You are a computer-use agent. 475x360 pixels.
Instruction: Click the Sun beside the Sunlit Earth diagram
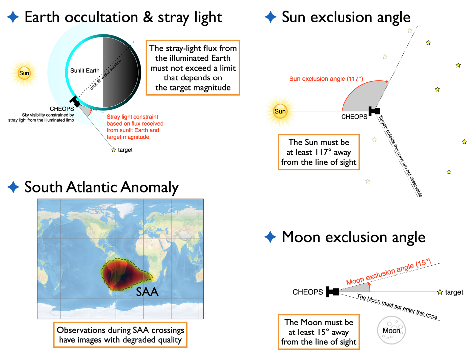tap(24, 73)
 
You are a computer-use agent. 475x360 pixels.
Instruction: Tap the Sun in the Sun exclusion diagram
tap(280, 111)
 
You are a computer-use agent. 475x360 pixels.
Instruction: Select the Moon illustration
tap(391, 330)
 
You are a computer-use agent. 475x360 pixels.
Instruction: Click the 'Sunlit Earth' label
tap(84, 70)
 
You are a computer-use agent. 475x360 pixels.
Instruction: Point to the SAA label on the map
tap(147, 292)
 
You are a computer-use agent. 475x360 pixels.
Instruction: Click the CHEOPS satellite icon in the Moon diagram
tap(332, 292)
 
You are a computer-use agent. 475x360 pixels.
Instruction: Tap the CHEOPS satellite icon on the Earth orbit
tap(75, 101)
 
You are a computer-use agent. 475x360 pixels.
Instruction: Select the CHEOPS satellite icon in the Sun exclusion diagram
tap(374, 111)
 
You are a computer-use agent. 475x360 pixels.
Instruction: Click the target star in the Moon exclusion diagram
tap(440, 292)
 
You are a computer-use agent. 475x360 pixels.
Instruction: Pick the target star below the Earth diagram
tap(113, 150)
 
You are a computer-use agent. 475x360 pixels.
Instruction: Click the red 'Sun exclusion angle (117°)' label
tap(326, 79)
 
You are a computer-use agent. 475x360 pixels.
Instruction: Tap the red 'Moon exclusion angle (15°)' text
tap(388, 272)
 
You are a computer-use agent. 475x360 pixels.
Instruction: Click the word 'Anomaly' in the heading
tap(149, 187)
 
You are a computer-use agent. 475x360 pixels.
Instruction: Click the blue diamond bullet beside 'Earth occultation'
tap(13, 17)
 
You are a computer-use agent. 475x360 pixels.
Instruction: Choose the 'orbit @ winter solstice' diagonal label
tap(105, 75)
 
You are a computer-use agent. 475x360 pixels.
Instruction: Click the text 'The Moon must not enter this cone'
tap(397, 306)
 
